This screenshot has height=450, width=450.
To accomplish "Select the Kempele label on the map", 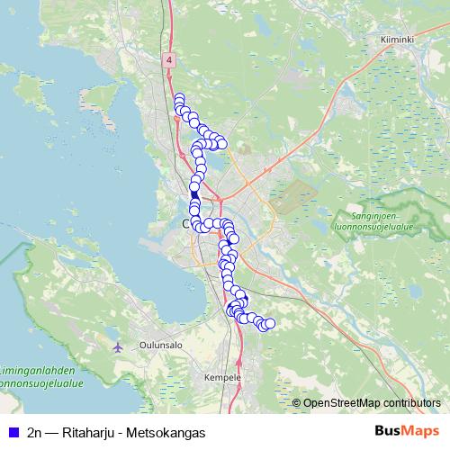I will tap(223, 377).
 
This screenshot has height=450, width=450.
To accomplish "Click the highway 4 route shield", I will tap(168, 58).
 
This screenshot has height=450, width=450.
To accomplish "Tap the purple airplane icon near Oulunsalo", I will tap(117, 347).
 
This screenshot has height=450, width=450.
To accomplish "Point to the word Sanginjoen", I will tap(369, 216).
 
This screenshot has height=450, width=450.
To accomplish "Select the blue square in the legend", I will tap(12, 432).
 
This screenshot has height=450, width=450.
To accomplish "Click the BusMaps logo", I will tap(407, 431).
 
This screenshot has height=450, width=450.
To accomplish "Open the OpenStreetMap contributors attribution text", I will tap(372, 402).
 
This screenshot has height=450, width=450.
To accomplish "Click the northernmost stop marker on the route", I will tap(179, 98).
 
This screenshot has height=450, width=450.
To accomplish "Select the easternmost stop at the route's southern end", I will tap(269, 323).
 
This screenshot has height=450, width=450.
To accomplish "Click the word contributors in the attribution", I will tap(410, 402).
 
